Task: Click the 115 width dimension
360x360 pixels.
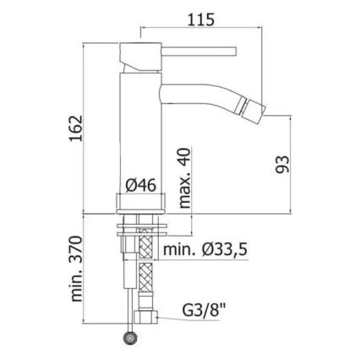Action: click(201, 20)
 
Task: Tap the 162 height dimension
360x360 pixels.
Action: click(77, 128)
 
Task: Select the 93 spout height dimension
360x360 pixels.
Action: click(282, 165)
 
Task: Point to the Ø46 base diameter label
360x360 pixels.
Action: click(140, 186)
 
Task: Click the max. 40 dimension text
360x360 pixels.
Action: click(185, 178)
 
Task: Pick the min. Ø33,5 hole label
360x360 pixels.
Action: click(205, 249)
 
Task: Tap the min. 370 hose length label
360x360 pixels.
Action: click(77, 269)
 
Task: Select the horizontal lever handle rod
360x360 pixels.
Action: click(199, 52)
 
